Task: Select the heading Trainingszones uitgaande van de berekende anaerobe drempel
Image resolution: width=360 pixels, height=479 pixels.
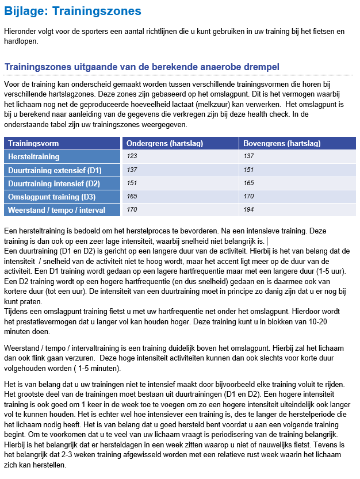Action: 142,67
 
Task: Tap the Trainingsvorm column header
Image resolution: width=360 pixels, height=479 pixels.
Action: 33,143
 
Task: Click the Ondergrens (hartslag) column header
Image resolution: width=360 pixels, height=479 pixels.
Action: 164,143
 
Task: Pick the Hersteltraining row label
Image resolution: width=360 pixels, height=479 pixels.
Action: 33,156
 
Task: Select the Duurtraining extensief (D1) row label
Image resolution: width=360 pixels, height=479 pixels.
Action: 55,170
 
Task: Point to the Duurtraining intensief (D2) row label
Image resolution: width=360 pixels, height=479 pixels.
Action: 53,183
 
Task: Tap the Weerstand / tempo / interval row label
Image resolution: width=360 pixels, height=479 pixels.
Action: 56,210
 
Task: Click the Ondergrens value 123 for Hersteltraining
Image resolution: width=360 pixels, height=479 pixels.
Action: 132,156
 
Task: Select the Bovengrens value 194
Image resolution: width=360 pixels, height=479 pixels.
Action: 248,209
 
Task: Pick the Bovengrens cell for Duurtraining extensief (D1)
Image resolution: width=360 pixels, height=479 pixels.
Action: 248,170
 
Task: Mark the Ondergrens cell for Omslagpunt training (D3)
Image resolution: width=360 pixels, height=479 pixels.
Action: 132,196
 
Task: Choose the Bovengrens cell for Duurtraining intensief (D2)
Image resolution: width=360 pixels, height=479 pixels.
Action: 248,183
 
